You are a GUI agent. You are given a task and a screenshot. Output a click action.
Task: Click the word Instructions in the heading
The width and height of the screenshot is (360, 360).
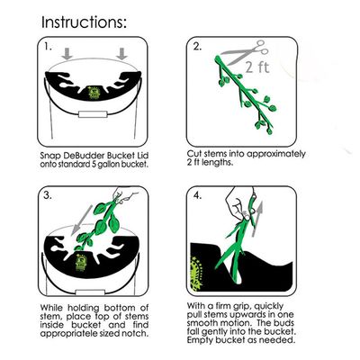pyautogui.click(x=82, y=22)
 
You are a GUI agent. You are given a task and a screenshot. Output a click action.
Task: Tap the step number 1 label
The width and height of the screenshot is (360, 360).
pyautogui.click(x=48, y=47)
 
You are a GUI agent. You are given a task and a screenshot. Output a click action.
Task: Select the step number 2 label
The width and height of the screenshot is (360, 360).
pyautogui.click(x=197, y=47)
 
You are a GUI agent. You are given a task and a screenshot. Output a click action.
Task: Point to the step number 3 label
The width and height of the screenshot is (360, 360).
pyautogui.click(x=48, y=195)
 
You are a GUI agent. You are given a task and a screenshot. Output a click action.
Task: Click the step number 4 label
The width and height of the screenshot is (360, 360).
pyautogui.click(x=197, y=195)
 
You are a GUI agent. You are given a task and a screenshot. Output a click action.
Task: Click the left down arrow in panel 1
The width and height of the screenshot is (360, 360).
pyautogui.click(x=67, y=54)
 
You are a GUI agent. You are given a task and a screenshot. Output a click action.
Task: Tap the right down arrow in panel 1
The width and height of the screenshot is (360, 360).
pyautogui.click(x=121, y=54)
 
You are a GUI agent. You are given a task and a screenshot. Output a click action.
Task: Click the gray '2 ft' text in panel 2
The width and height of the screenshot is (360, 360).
pyautogui.click(x=257, y=67)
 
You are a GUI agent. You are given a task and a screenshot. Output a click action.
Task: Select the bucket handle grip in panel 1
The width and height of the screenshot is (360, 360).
pyautogui.click(x=93, y=114)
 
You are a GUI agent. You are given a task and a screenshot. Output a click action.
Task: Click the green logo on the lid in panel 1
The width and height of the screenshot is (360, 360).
pyautogui.click(x=93, y=92)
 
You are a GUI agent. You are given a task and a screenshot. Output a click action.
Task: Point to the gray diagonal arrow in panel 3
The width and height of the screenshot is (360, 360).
pyautogui.click(x=82, y=220)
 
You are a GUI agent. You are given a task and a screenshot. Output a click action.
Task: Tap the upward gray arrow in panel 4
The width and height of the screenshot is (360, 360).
pyautogui.click(x=257, y=219)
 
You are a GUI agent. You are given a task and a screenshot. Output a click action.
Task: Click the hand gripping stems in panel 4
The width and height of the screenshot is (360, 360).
pyautogui.click(x=238, y=204)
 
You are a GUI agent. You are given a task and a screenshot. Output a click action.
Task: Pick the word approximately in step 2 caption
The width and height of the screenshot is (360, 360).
pyautogui.click(x=276, y=154)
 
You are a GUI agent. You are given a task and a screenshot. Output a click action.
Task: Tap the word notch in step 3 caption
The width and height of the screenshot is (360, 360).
pyautogui.click(x=136, y=333)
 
